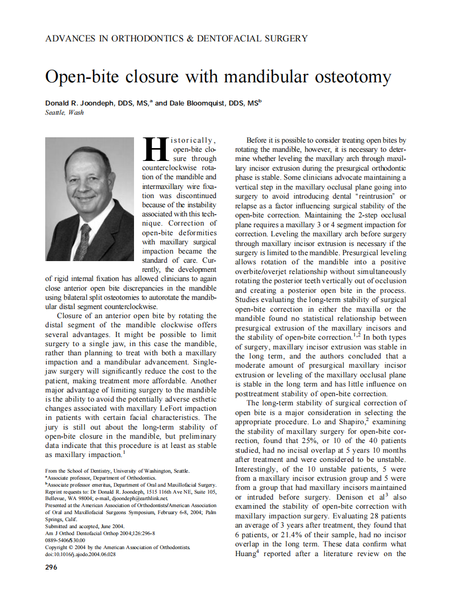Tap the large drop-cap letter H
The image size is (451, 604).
156,149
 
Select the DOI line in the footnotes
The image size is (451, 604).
80,554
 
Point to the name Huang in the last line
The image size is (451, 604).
248,554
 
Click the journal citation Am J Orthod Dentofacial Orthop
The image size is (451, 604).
86,533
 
